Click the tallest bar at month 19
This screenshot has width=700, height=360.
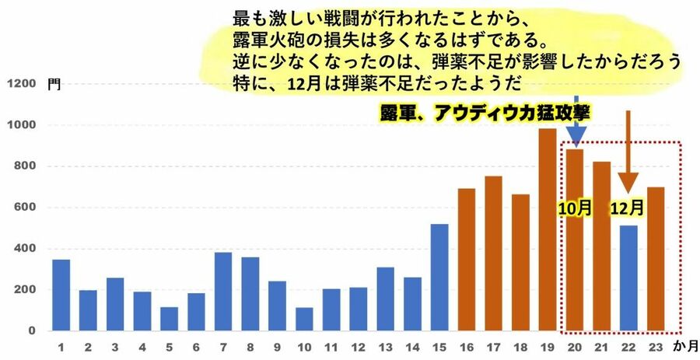coord(548,229)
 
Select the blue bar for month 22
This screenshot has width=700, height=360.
coord(628,278)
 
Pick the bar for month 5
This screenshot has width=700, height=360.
coord(169,319)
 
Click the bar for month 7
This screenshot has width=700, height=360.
coord(223,292)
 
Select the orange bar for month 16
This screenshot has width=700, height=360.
coord(467,259)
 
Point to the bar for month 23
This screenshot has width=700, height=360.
coord(656,259)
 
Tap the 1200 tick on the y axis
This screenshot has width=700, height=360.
coord(22,84)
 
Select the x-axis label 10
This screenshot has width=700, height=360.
coord(304,347)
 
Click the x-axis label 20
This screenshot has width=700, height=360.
coord(575,347)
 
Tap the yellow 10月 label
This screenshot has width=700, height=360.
coord(575,208)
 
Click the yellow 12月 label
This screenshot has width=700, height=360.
coord(628,208)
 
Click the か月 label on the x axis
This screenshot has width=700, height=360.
coord(684,347)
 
